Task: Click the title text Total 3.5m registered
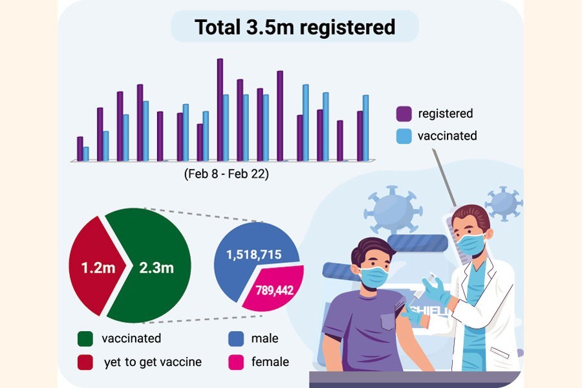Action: point(295,27)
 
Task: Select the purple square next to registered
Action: point(404,114)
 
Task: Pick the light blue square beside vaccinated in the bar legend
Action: point(404,136)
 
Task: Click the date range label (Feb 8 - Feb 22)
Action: point(226,174)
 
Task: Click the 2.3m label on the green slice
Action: point(156,266)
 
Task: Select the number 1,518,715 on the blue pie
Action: point(253,255)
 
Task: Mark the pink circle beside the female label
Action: point(235,362)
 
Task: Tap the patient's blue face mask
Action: point(373,276)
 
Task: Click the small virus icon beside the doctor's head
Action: point(503,204)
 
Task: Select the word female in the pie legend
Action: point(270,362)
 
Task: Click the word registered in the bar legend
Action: point(446,114)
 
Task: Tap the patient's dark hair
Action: point(369,248)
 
